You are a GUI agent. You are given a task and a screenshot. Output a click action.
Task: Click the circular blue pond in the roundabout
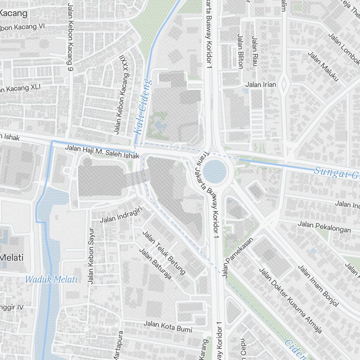(215, 171)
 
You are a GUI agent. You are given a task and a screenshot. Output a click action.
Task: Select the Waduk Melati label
(52, 279)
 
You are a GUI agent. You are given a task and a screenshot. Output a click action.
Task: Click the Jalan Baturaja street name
(155, 264)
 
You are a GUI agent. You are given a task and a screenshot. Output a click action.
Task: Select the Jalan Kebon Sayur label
(91, 256)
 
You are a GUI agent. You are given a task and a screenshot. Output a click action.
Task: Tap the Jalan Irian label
(261, 85)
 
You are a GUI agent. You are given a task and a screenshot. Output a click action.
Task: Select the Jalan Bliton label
(240, 51)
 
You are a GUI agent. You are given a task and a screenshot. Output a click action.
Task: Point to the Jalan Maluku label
(323, 66)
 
